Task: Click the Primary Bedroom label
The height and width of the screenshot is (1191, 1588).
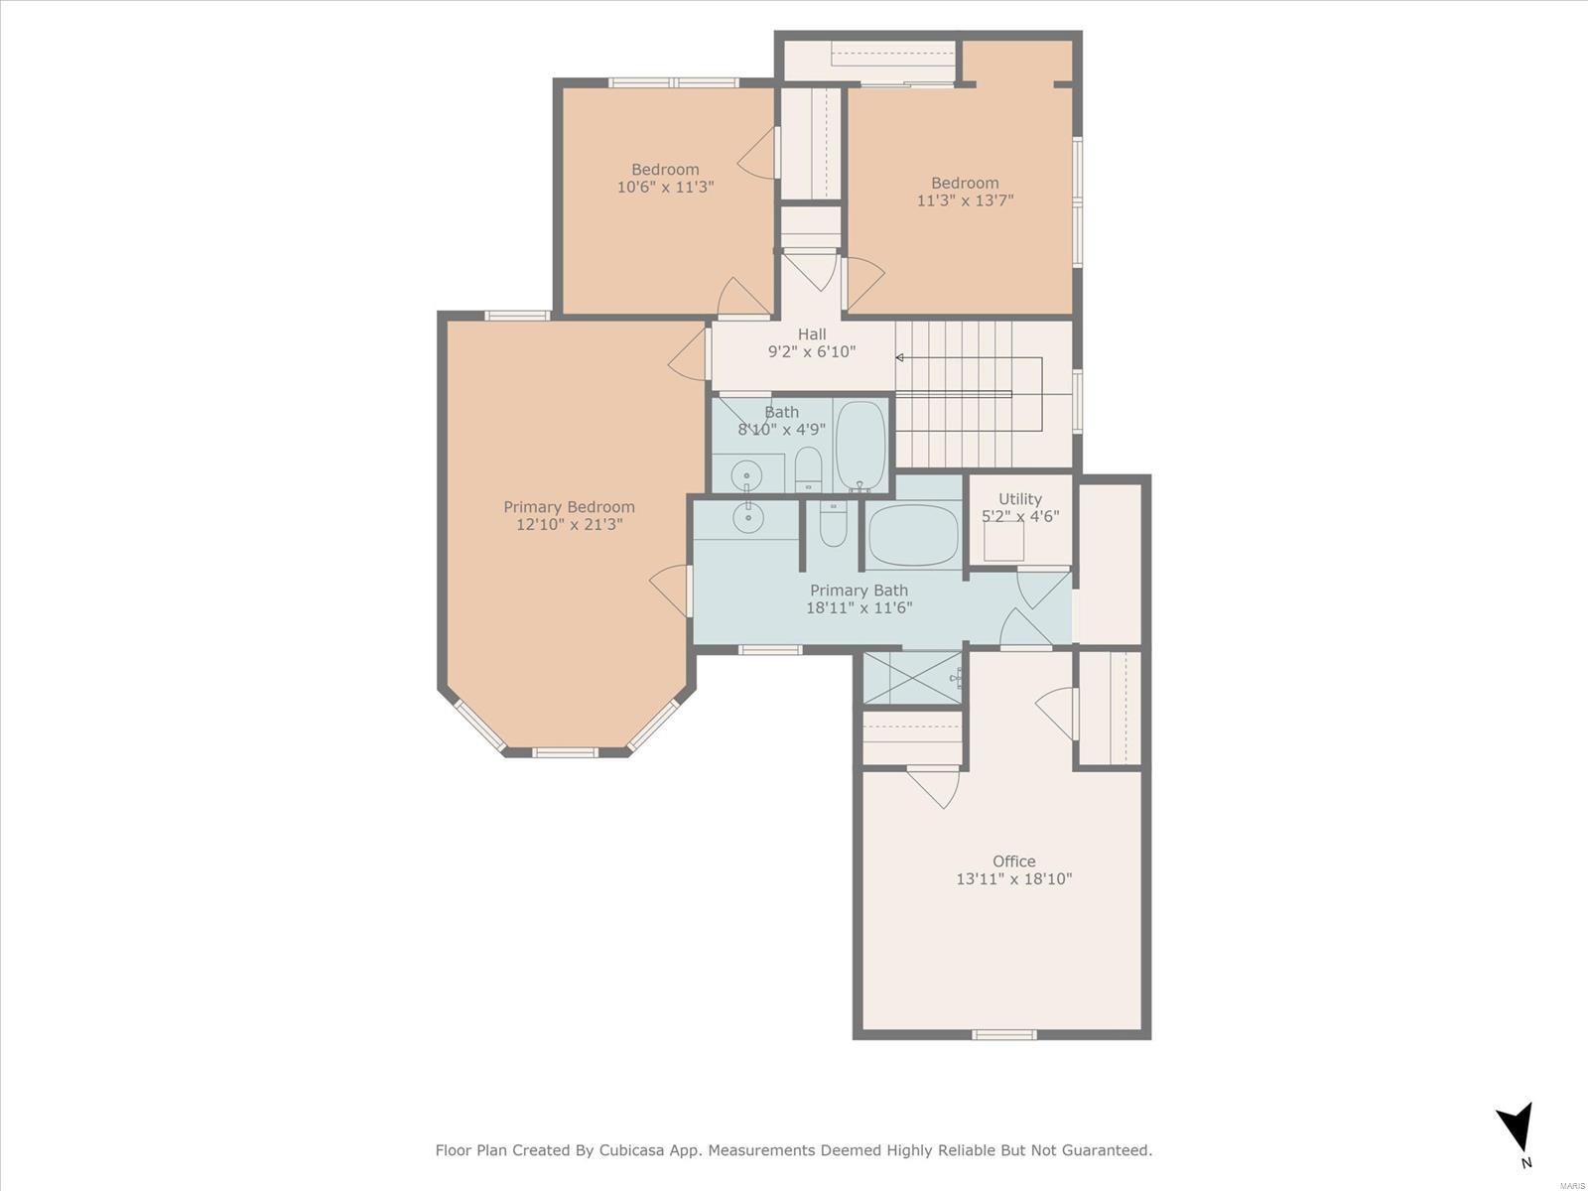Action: pyautogui.click(x=569, y=507)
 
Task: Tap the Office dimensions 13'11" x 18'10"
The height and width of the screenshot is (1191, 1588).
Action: pyautogui.click(x=1013, y=878)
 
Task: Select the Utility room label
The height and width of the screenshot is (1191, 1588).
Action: pyautogui.click(x=1020, y=499)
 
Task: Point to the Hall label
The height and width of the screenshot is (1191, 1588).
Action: pyautogui.click(x=812, y=334)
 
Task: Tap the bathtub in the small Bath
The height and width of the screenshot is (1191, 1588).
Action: pyautogui.click(x=860, y=447)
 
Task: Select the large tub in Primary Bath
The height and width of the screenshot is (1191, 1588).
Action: pyautogui.click(x=913, y=535)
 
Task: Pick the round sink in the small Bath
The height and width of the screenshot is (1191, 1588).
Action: pyautogui.click(x=746, y=476)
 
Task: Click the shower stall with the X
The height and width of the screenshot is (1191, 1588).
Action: pyautogui.click(x=912, y=678)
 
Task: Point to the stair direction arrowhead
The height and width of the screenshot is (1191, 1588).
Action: pyautogui.click(x=899, y=357)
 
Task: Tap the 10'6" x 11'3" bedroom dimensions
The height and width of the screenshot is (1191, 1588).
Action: pyautogui.click(x=665, y=188)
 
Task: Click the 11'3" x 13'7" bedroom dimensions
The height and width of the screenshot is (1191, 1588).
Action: pyautogui.click(x=965, y=200)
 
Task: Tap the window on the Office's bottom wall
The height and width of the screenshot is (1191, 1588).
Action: pyautogui.click(x=1003, y=1035)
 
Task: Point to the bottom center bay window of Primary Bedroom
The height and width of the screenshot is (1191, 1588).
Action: pyautogui.click(x=565, y=752)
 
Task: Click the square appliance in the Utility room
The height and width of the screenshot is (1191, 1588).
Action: pyautogui.click(x=1003, y=541)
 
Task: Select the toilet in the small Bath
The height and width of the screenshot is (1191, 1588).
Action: pyautogui.click(x=808, y=469)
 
